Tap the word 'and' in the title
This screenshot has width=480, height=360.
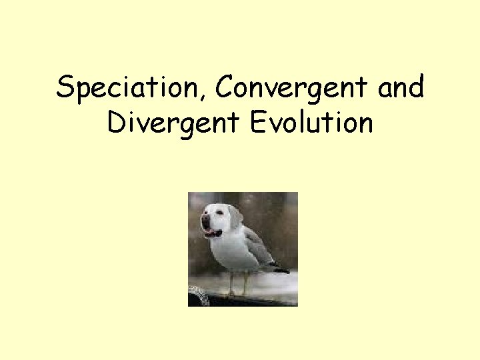point(400,88)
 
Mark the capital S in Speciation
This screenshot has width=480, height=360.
point(65,88)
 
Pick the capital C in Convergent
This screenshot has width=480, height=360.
point(226,88)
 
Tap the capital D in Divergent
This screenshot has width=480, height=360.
point(115,123)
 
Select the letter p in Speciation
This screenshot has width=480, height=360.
point(83,92)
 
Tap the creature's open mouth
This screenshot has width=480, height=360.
point(212,233)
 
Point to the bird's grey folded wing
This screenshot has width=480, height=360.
point(257,247)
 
